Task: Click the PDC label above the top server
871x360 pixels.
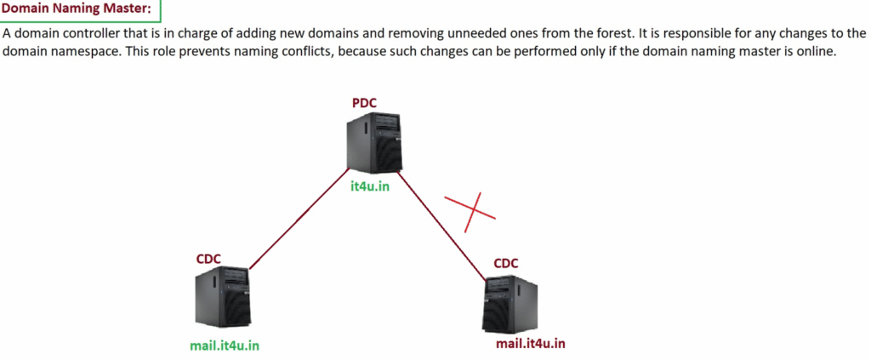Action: [364, 103]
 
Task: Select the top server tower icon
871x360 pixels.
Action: [373, 145]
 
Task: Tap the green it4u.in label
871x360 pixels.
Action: [370, 186]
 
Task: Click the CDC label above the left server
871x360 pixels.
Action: [209, 258]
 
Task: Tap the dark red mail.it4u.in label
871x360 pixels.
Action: [530, 343]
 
